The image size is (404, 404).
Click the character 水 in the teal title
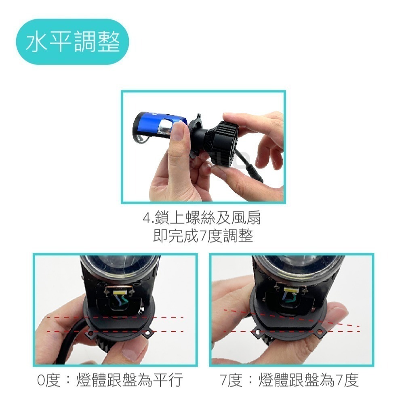click(x=36, y=42)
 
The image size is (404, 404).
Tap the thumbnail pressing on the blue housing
click(x=178, y=131)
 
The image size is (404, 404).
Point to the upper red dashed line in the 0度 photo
click(x=116, y=318)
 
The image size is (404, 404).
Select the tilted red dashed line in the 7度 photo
click(x=292, y=318)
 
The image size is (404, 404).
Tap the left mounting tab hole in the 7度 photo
click(x=257, y=332)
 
